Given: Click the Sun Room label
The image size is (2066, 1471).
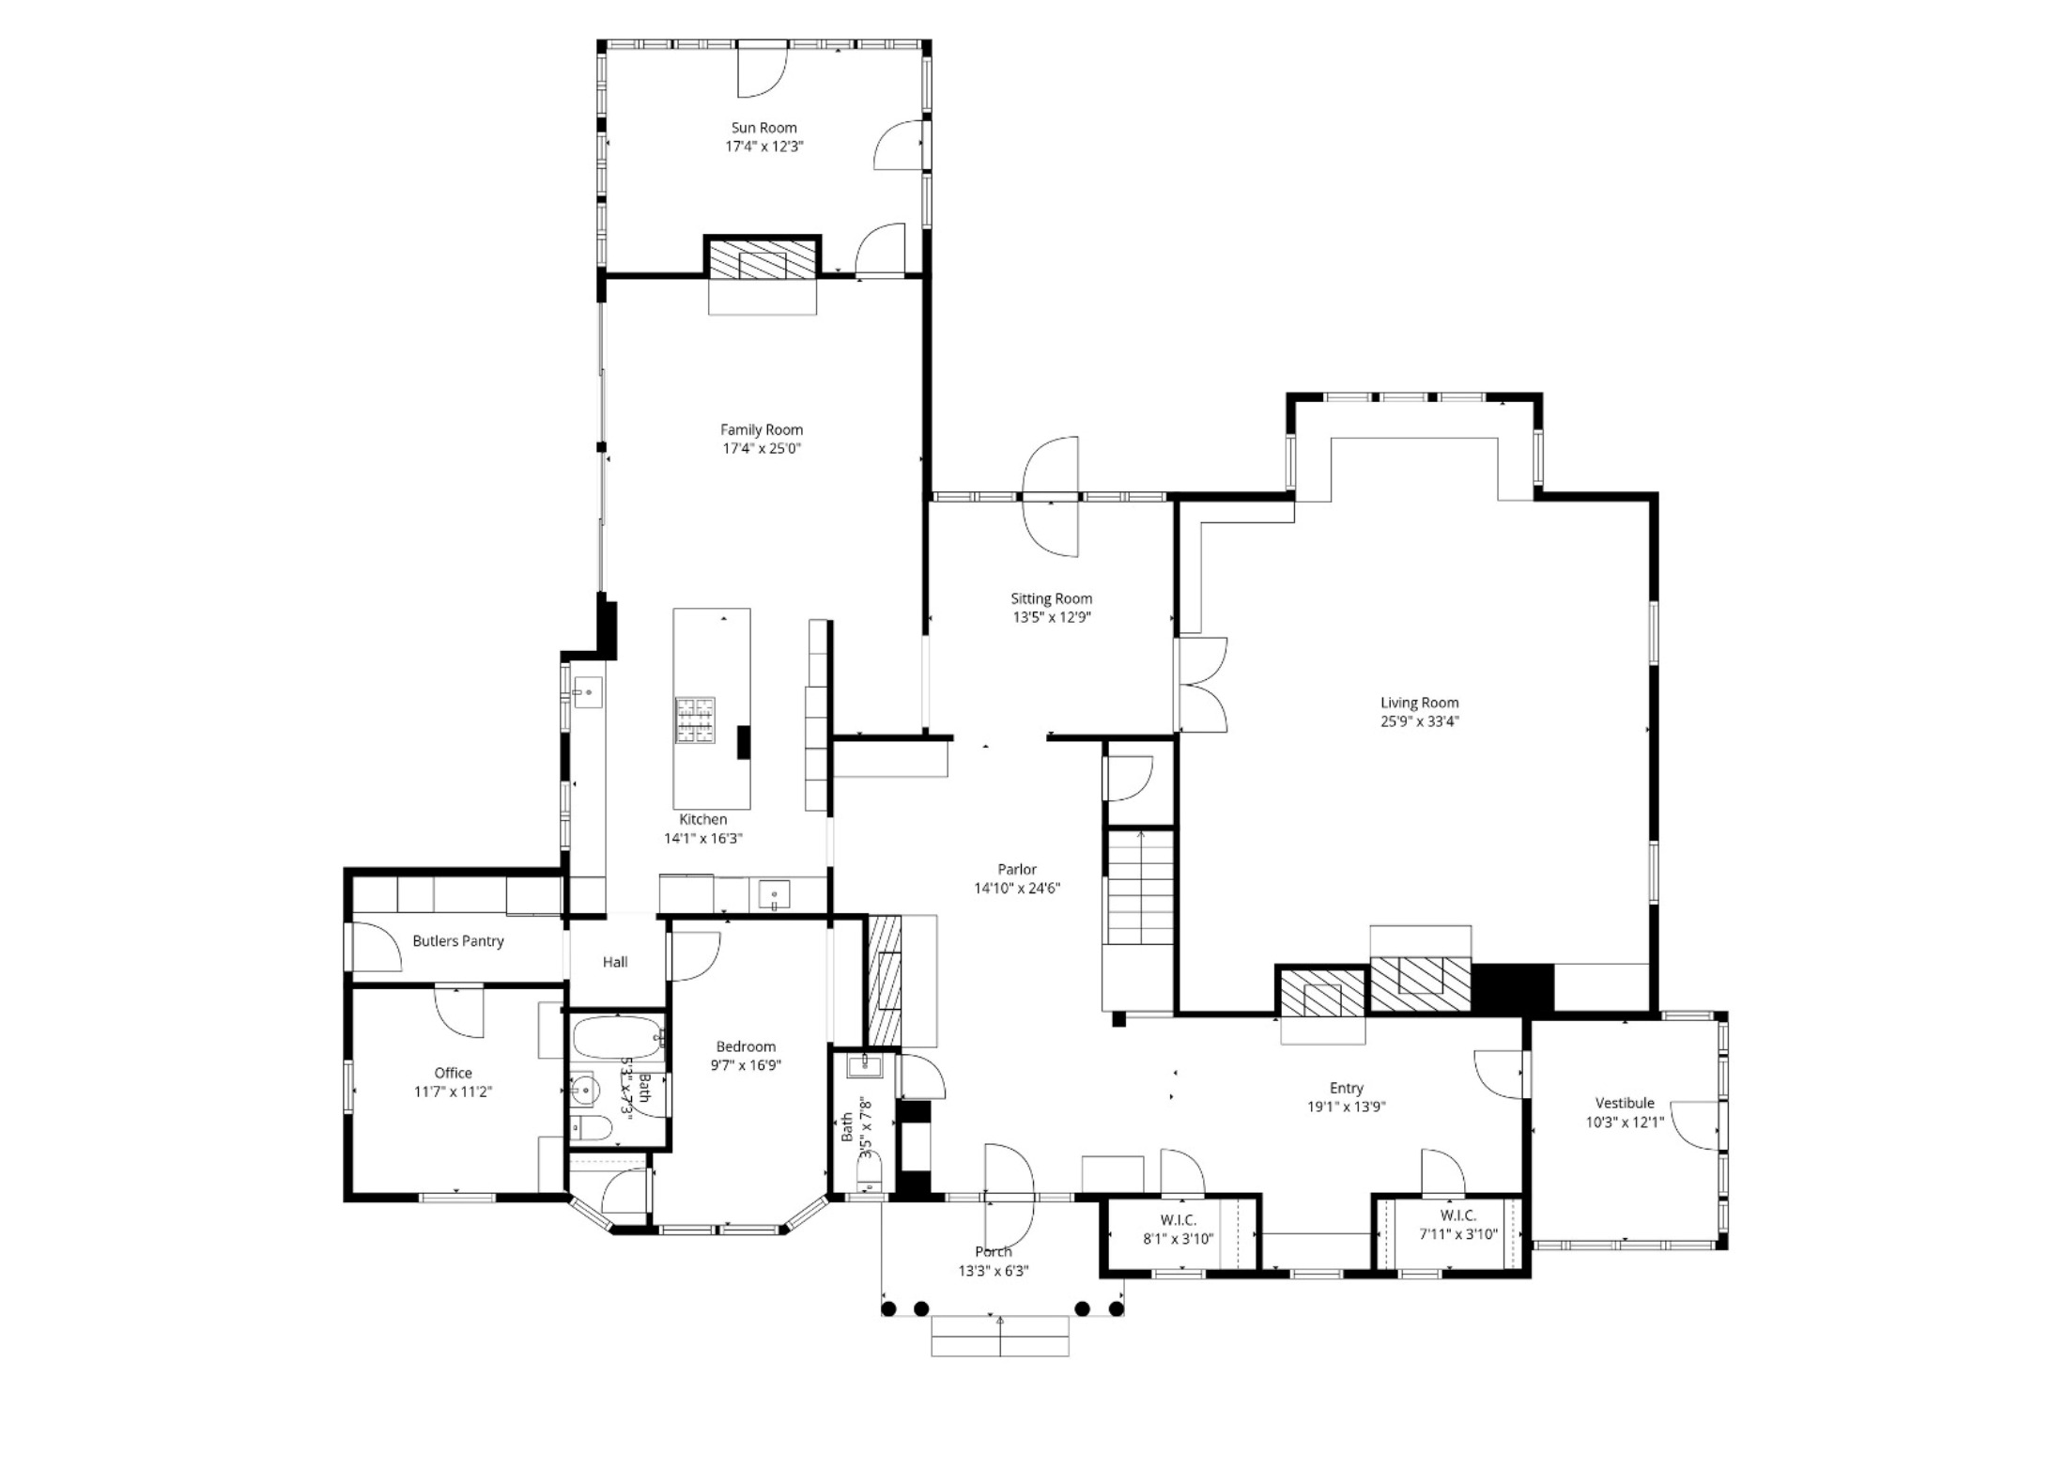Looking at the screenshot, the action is tap(763, 128).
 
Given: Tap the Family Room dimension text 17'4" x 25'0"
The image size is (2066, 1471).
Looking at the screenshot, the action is tap(762, 449).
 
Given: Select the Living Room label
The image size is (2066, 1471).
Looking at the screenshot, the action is tap(1419, 703).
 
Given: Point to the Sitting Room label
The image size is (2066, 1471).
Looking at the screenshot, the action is tap(1051, 598).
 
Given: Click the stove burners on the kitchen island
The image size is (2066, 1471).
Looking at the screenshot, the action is tap(694, 720).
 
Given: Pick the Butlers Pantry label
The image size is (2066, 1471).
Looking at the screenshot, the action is tap(458, 941).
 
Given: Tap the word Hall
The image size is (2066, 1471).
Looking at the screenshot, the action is tap(615, 962).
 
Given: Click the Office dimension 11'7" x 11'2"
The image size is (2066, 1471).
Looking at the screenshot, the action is tap(454, 1092).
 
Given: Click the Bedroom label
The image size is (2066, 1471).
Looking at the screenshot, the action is tap(746, 1046).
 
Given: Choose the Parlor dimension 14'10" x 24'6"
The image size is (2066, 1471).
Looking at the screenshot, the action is tap(1017, 889).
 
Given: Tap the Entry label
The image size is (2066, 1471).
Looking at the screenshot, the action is tap(1346, 1088).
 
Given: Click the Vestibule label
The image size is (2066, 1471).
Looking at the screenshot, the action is tap(1625, 1103).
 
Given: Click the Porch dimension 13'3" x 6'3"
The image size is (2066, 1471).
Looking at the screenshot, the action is tap(994, 1271).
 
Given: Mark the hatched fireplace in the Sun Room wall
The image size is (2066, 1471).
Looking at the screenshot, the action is tap(762, 259).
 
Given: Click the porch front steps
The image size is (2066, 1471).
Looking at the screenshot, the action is tap(1000, 1336).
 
